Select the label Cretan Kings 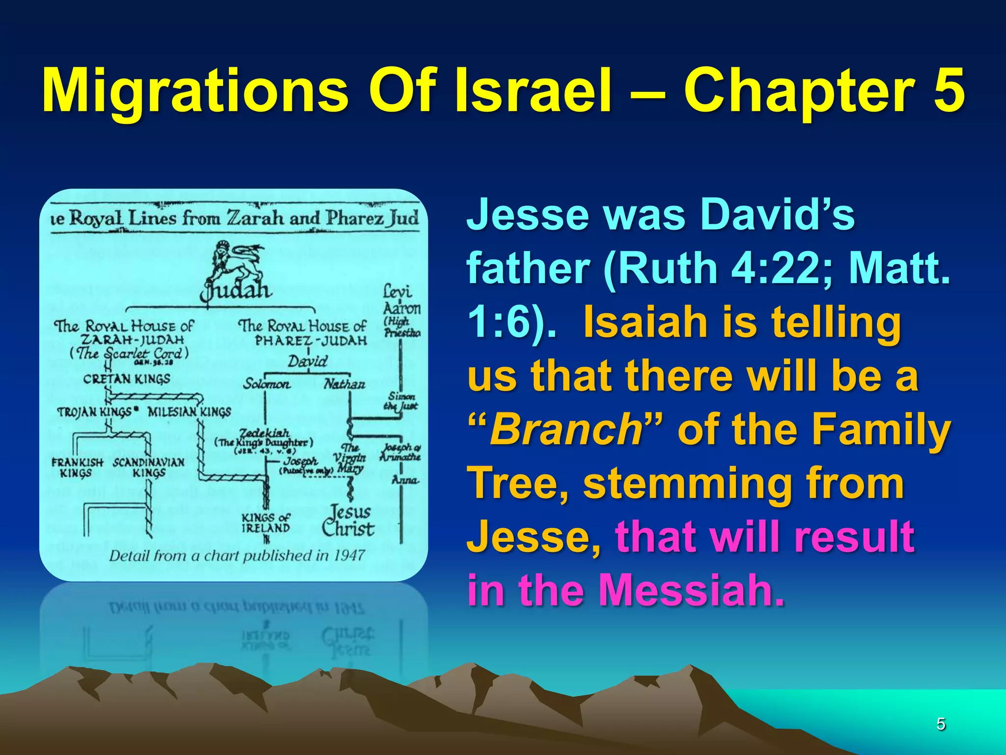(x=127, y=379)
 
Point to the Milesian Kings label (x=189, y=411)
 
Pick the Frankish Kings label (x=77, y=467)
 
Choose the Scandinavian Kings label (x=149, y=467)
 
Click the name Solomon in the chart (x=267, y=383)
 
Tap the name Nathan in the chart (x=344, y=383)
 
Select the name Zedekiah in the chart (x=264, y=433)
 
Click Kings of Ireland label (x=266, y=523)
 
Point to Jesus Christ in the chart (x=348, y=521)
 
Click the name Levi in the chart (x=397, y=291)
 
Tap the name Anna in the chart (x=405, y=479)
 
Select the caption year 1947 (x=349, y=555)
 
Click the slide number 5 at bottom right (x=941, y=724)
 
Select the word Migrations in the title (x=196, y=91)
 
